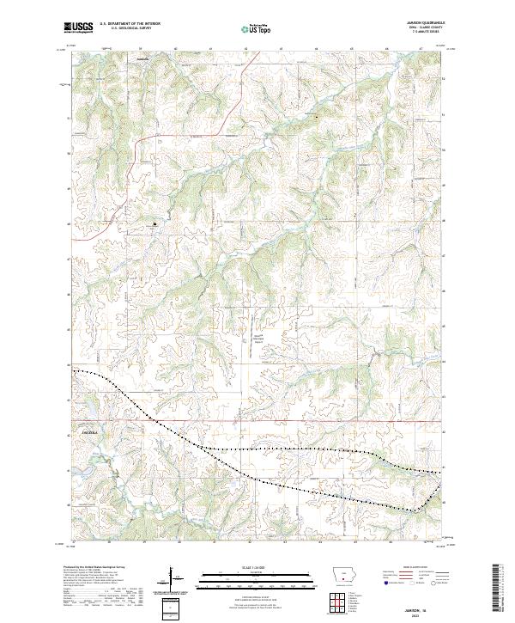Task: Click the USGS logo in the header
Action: (x=79, y=27)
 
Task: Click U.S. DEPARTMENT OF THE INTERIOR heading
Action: (x=130, y=24)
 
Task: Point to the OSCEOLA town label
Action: (x=91, y=431)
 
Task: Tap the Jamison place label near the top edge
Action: (x=142, y=59)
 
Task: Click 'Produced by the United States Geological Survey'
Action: (x=91, y=568)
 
